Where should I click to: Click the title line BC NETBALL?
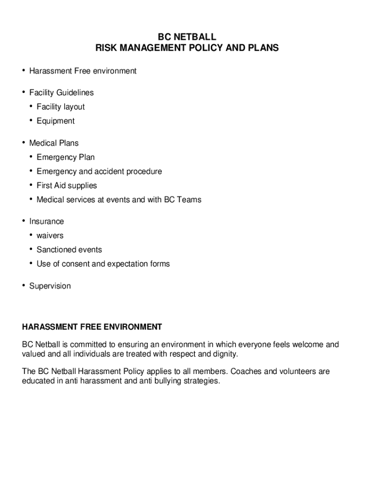coord(187,37)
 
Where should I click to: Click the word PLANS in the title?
coord(264,48)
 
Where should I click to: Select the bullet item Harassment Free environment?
coord(83,71)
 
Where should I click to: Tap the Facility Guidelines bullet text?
coord(61,92)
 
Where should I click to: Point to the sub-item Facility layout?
coord(61,107)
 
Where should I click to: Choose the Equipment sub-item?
coord(56,121)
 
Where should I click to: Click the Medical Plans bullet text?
coord(53,143)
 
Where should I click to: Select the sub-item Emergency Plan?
coord(66,157)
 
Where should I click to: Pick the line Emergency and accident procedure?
coord(99,171)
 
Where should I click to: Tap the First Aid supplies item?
coord(67,185)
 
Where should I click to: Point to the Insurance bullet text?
coord(47,221)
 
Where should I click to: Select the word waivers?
coord(50,235)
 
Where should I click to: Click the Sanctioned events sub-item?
coord(69,249)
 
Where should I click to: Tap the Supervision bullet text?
coord(50,286)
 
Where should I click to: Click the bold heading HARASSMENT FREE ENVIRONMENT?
coord(92,327)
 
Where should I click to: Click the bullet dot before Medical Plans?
coord(23,142)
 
